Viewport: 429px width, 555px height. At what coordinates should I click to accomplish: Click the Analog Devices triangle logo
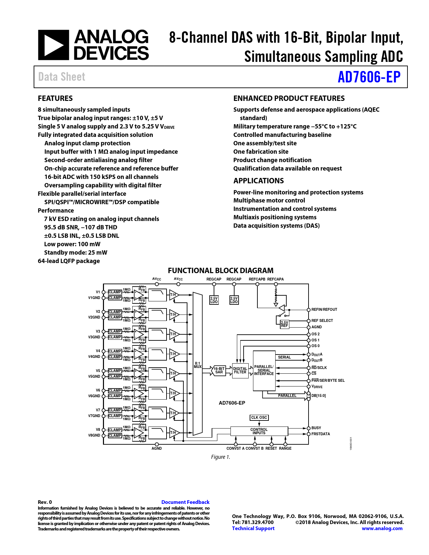tap(53, 45)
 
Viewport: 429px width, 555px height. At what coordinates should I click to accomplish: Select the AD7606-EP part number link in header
tap(369, 77)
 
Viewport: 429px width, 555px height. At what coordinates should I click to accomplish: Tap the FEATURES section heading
tap(55, 99)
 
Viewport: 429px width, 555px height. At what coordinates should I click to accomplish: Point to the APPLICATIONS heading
tap(258, 181)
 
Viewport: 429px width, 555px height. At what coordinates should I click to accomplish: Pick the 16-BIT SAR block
tap(219, 370)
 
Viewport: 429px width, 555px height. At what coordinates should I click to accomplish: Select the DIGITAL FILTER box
tap(240, 370)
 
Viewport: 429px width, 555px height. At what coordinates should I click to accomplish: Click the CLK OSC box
tap(259, 417)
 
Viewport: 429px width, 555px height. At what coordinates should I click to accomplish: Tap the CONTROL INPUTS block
tap(259, 431)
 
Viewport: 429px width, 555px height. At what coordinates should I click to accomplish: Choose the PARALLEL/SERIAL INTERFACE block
tap(264, 370)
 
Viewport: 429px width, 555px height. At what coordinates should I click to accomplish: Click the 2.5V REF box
tap(284, 324)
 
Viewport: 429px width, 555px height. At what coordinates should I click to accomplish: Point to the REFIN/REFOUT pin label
tap(324, 309)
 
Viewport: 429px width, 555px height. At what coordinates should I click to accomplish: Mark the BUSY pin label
tap(316, 428)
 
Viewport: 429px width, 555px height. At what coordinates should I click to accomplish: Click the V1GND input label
tap(94, 298)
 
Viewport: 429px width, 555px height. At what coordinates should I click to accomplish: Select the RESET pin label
tap(271, 448)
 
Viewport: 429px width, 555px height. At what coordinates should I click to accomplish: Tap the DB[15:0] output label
tap(318, 396)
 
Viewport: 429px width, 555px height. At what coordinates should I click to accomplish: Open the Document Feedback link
tap(185, 502)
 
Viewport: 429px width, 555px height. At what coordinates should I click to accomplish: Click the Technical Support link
tap(253, 528)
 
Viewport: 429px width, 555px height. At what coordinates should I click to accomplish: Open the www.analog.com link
tap(382, 528)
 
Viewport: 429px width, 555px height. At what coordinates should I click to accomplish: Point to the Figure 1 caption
tap(221, 457)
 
